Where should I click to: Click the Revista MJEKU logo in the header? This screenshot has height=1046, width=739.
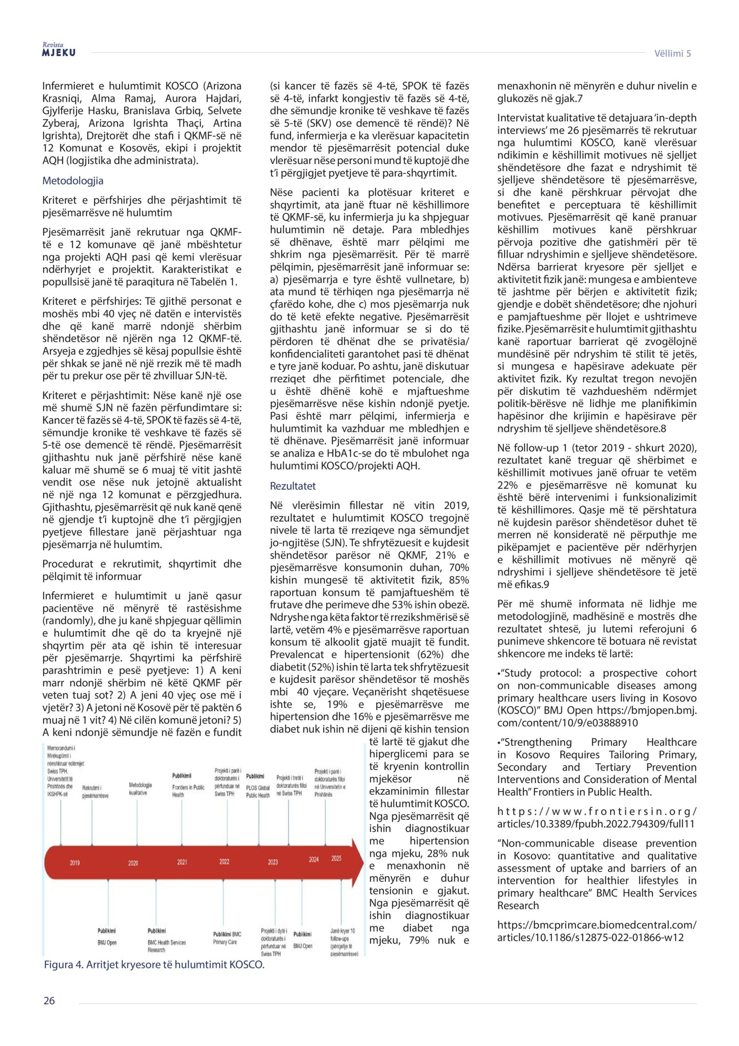pyautogui.click(x=59, y=50)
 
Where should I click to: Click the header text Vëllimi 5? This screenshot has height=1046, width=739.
pyautogui.click(x=672, y=53)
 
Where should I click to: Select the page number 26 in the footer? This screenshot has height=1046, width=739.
pyautogui.click(x=49, y=1001)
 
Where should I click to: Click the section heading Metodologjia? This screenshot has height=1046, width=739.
pyautogui.click(x=73, y=181)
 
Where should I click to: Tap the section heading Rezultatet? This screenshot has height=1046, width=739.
pyautogui.click(x=293, y=486)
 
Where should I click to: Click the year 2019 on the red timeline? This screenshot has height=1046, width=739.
pyautogui.click(x=75, y=863)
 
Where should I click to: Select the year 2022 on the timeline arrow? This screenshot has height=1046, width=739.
pyautogui.click(x=224, y=861)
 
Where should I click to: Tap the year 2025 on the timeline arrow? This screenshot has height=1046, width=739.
pyautogui.click(x=336, y=858)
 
